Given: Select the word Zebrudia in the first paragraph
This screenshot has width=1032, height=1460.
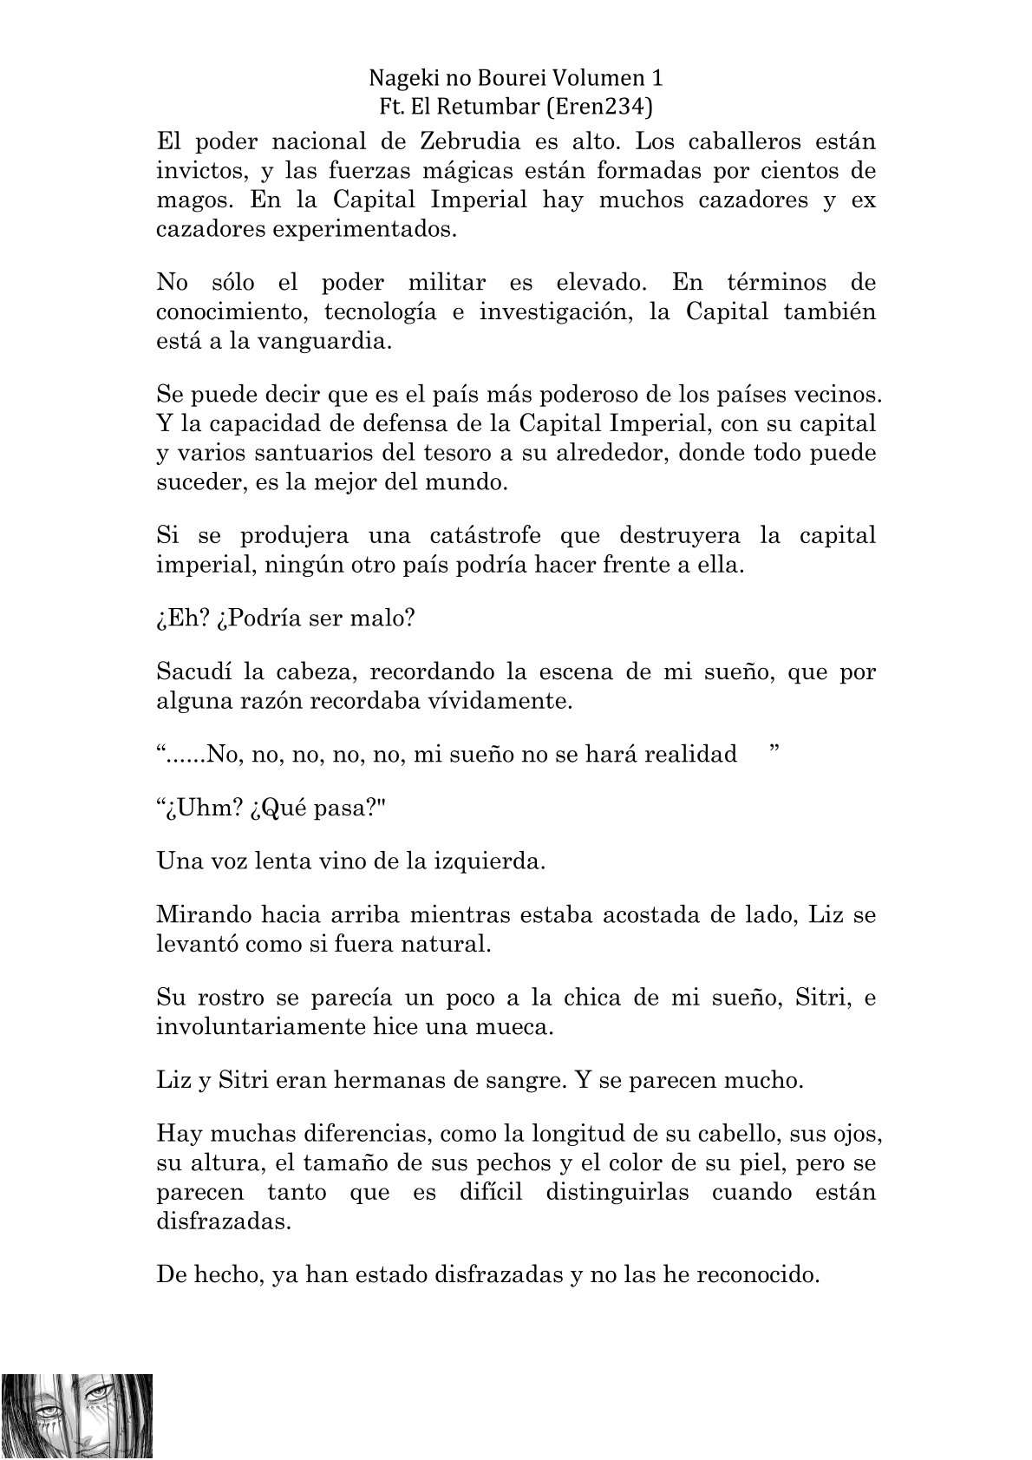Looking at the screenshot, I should [462, 141].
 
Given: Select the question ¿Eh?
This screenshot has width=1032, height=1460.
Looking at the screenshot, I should [182, 619].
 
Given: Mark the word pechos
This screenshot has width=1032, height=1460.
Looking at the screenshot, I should [493, 1162].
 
